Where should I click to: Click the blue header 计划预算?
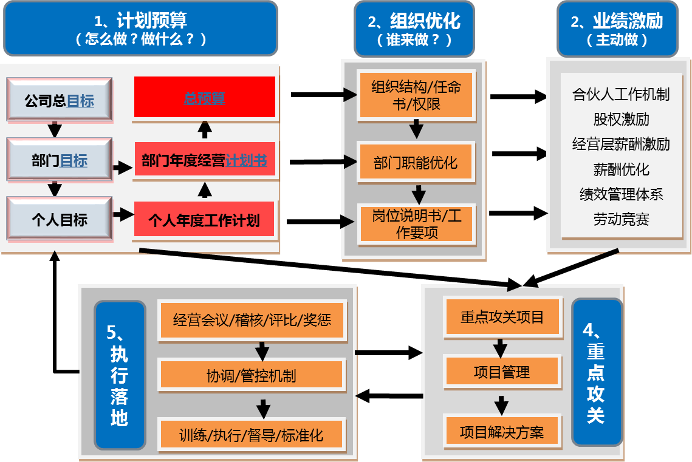coord(140,29)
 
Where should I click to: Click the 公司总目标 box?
coord(59,100)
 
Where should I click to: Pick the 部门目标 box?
coord(59,160)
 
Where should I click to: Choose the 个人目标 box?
coord(59,219)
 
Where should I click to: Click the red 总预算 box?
coord(204,97)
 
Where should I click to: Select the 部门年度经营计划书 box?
coord(204,160)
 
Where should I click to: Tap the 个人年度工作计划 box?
coord(204,219)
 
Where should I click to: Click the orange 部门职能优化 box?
coord(416,162)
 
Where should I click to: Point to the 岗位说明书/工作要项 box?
coord(416,224)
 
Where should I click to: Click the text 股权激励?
coord(621,119)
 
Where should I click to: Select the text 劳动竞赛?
coord(621,219)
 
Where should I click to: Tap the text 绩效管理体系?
coord(621,194)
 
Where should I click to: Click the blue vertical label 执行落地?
coord(120,375)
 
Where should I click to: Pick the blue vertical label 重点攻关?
coord(596,372)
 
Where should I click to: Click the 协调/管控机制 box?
coord(252,375)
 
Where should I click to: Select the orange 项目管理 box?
coord(501,372)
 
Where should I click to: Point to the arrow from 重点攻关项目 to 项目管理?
coord(500,347)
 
